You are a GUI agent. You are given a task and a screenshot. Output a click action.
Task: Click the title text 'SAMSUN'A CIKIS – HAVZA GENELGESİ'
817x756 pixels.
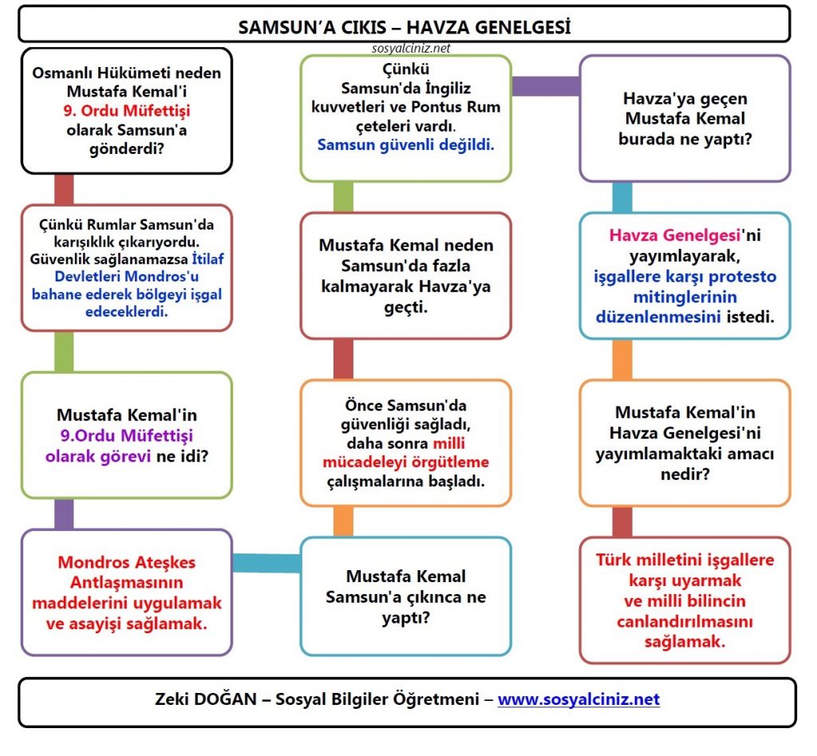click(405, 26)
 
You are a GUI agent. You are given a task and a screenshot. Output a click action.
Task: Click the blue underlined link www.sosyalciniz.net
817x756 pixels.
click(578, 699)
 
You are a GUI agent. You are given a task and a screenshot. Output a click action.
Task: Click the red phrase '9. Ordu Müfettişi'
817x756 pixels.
click(126, 111)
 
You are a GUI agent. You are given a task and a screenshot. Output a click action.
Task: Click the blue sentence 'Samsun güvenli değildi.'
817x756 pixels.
click(405, 145)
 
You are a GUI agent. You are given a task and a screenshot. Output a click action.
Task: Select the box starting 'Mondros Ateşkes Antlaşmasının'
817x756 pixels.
click(127, 593)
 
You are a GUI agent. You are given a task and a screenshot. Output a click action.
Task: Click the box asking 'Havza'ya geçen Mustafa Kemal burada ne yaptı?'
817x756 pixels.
click(685, 119)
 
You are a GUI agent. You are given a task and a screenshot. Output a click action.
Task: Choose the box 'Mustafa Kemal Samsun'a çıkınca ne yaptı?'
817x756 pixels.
click(405, 596)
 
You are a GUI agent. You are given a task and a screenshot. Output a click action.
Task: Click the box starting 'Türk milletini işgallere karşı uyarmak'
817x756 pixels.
click(685, 600)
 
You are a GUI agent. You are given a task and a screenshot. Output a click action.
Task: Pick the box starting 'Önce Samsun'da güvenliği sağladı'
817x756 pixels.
click(405, 443)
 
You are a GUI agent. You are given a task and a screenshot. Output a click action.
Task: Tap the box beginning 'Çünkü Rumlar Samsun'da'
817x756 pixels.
click(127, 269)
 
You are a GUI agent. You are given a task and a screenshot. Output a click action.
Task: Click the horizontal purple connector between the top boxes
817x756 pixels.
click(545, 86)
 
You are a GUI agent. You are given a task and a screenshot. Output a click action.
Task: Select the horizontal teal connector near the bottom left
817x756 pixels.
click(266, 563)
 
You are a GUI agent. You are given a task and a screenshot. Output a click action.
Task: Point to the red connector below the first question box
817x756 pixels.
click(64, 189)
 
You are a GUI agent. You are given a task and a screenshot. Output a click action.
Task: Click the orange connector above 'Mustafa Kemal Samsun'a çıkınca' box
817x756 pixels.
click(343, 521)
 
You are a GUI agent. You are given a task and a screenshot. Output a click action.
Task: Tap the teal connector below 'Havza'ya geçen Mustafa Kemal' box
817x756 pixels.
click(622, 197)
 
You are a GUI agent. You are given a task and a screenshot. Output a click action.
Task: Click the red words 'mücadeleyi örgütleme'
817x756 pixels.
click(405, 463)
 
